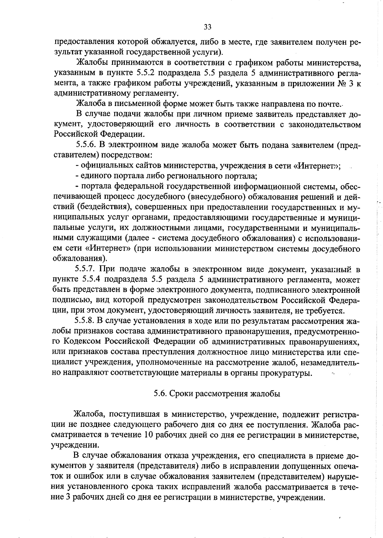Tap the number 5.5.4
coord(92,280)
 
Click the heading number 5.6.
coord(159,393)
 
